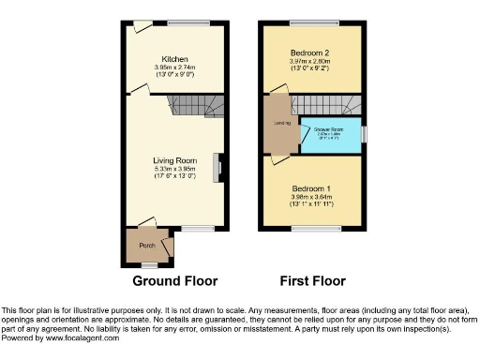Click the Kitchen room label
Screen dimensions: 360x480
[x=174, y=57]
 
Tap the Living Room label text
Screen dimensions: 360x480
[x=174, y=160]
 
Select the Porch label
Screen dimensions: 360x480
[x=147, y=246]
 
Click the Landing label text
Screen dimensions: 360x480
[x=282, y=123]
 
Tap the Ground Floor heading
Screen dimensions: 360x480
[x=174, y=280]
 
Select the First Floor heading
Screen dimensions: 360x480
[x=313, y=280]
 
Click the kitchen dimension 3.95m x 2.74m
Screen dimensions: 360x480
[x=174, y=67]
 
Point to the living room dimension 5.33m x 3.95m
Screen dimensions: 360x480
[x=174, y=169]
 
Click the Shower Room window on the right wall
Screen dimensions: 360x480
[x=365, y=133]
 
